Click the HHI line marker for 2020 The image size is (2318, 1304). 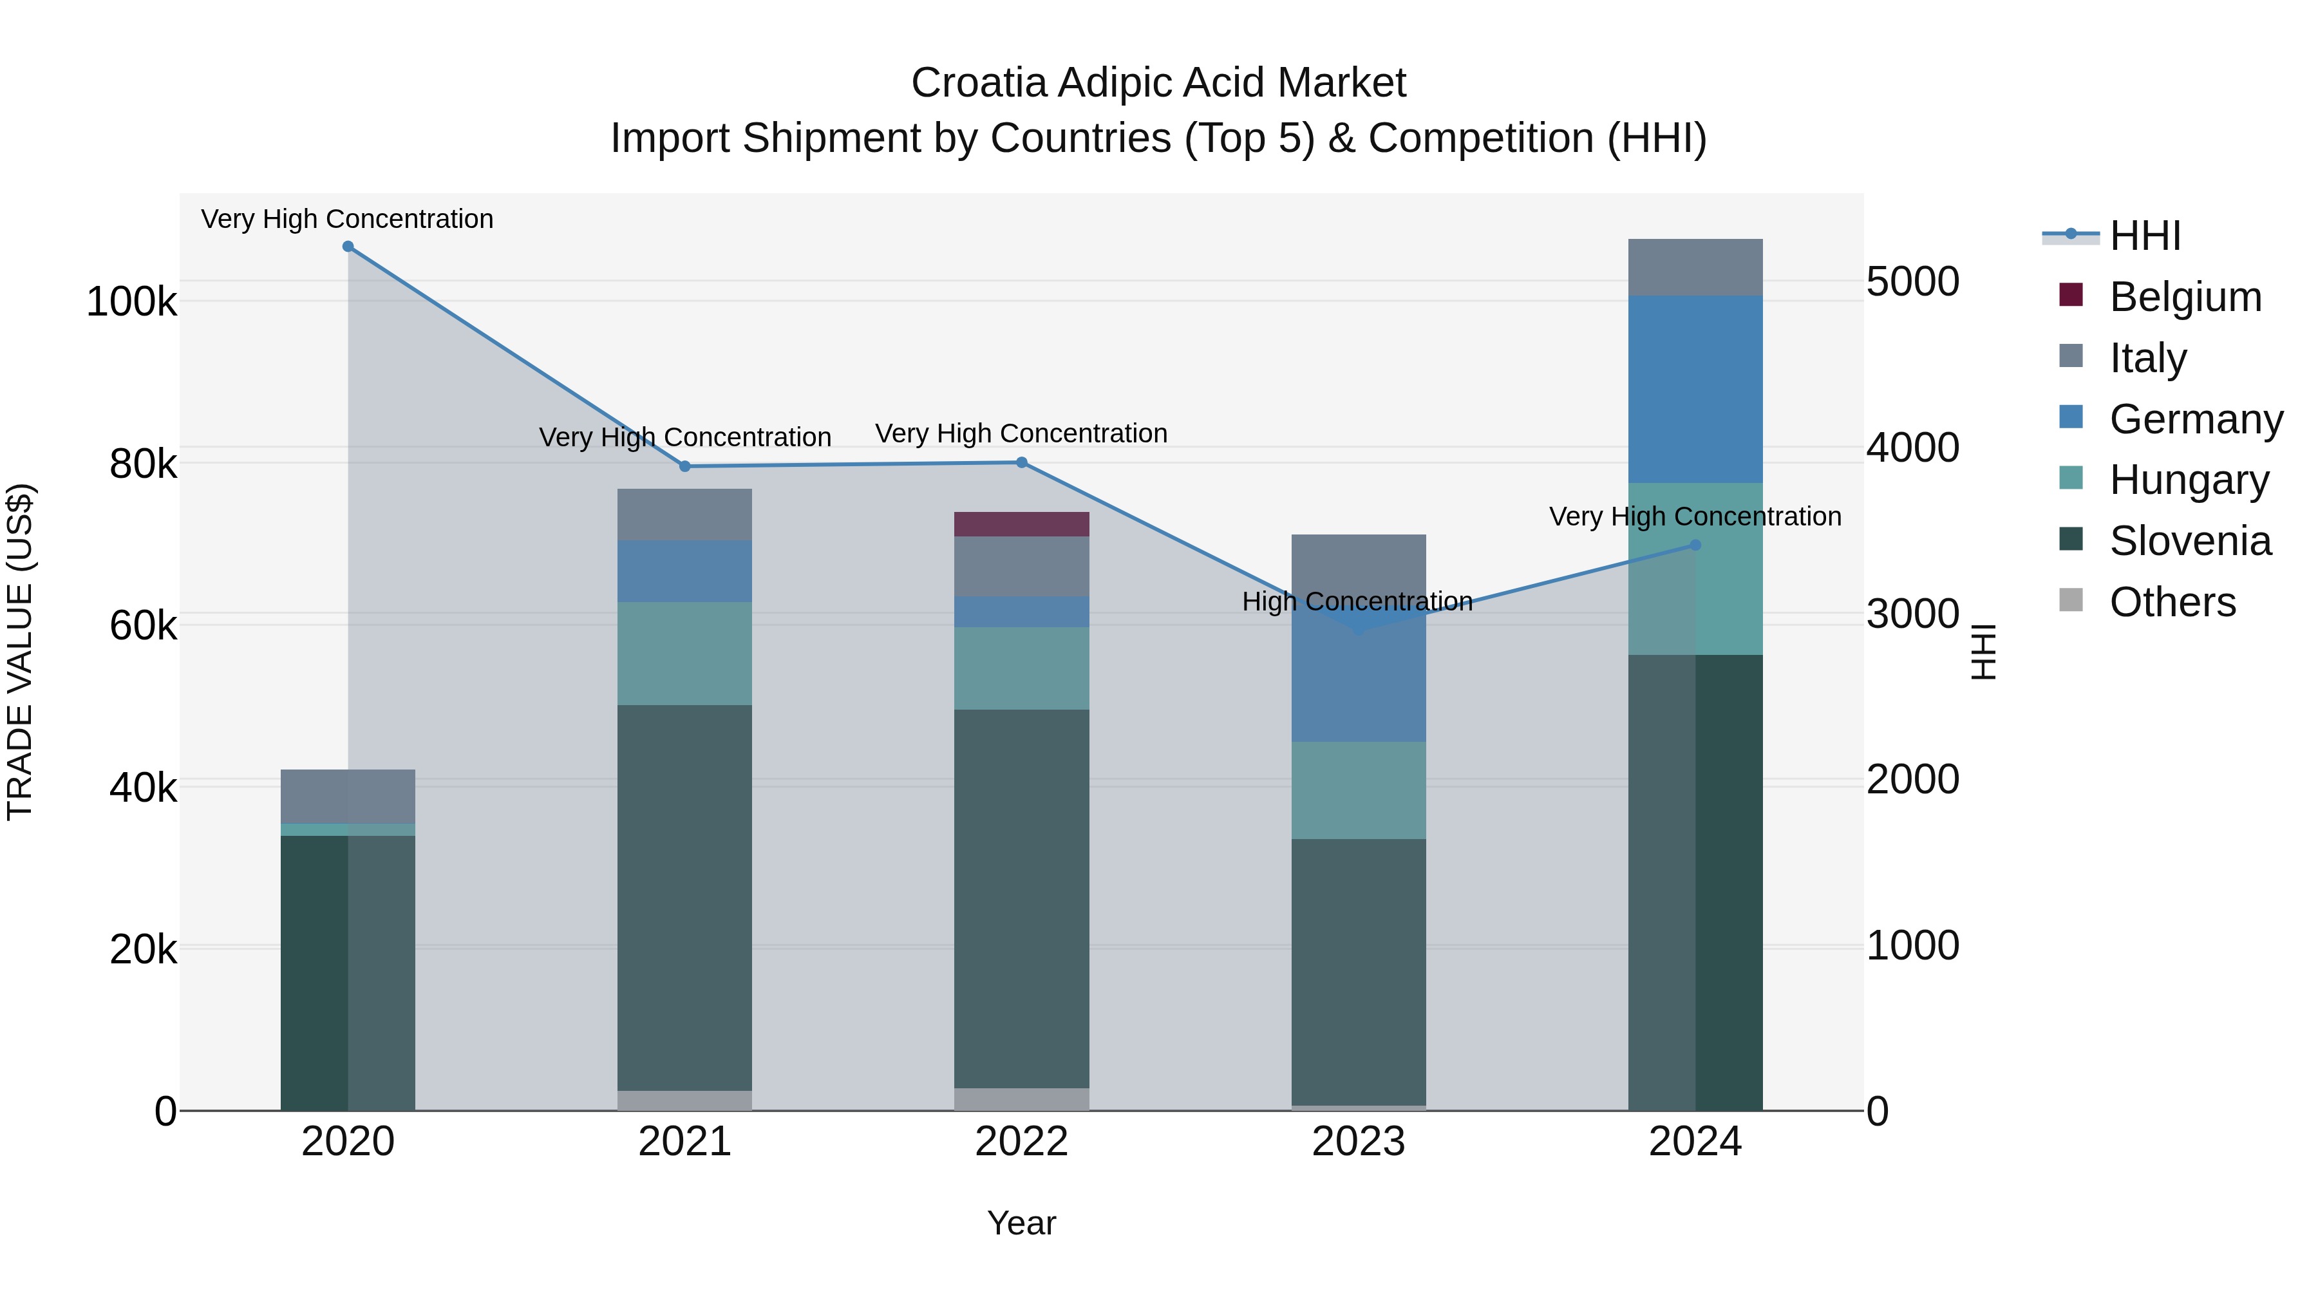click(348, 247)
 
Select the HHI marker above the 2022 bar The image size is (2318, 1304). click(1021, 462)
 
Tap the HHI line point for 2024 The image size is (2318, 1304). click(1695, 545)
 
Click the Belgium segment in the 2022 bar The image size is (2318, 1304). click(1021, 524)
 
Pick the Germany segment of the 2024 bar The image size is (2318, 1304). click(1695, 389)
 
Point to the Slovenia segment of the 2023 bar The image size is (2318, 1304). click(1359, 972)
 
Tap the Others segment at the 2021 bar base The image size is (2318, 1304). click(685, 1100)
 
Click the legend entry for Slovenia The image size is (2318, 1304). click(2189, 541)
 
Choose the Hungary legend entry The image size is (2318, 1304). click(2189, 480)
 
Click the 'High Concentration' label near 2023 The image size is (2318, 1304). click(1357, 601)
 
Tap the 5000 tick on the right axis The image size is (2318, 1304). click(1912, 281)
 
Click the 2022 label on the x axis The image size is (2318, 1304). click(1021, 1142)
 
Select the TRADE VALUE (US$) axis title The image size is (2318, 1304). click(20, 652)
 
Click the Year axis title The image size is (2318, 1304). click(1021, 1223)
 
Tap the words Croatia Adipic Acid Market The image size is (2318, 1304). click(1158, 83)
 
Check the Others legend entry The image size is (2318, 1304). click(2171, 602)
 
